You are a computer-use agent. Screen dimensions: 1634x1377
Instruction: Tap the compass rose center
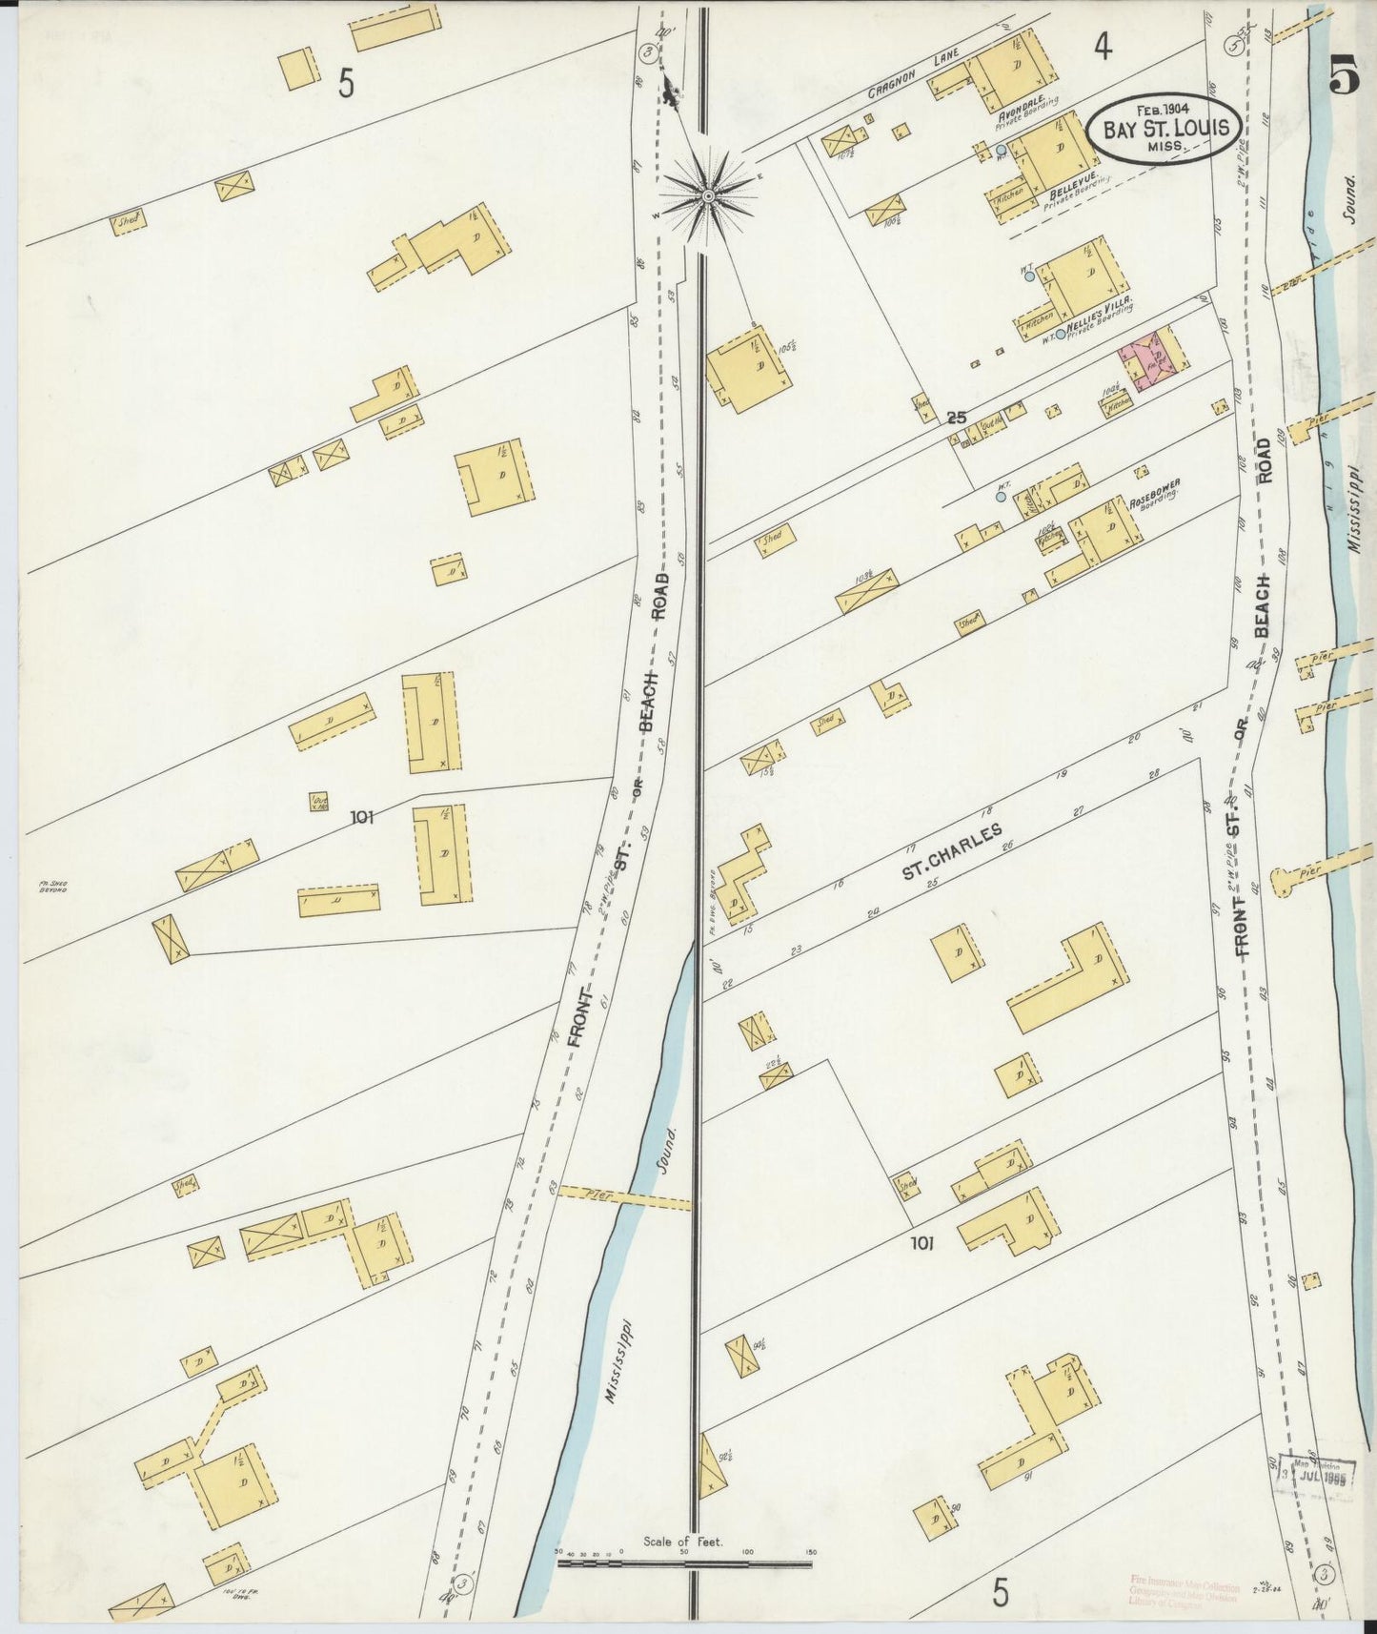click(x=708, y=196)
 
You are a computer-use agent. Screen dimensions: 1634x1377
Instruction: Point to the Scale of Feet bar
click(x=683, y=1563)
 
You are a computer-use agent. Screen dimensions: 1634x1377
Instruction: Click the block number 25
click(x=957, y=418)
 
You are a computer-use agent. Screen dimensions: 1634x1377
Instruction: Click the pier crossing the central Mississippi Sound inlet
click(x=624, y=1196)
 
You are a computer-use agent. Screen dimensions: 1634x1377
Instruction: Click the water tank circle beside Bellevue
click(x=1001, y=151)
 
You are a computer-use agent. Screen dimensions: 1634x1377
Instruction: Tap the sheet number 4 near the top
click(x=1102, y=48)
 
